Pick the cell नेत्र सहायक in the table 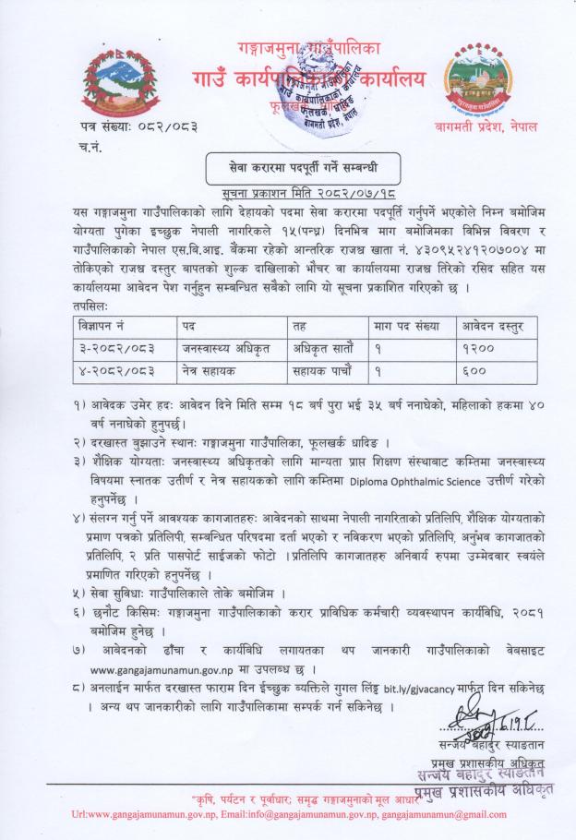[x=213, y=377]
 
